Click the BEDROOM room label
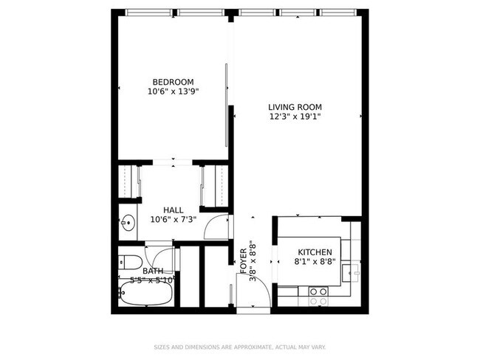(174, 82)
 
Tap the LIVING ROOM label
(295, 107)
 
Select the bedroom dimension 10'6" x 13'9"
(174, 91)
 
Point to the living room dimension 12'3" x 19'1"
(295, 117)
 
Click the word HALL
(174, 210)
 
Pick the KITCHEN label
(315, 252)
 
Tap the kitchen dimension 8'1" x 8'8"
(315, 261)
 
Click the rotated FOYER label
(244, 261)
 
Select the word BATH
(153, 271)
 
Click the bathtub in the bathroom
(145, 293)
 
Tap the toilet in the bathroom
(131, 263)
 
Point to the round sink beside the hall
(128, 222)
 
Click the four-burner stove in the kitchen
(318, 297)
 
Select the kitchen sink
(352, 273)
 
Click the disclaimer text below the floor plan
(240, 347)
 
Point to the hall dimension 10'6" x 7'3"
(174, 219)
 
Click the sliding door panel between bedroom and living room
(226, 105)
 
